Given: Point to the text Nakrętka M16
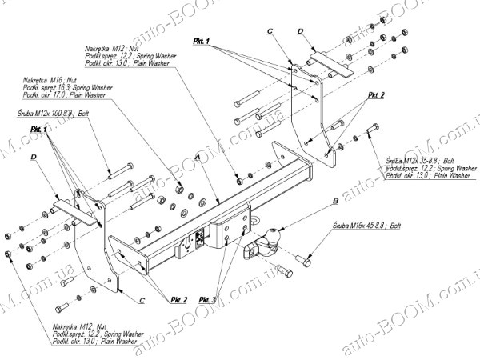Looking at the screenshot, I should [44, 80].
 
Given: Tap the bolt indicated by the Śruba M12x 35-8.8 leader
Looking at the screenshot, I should [370, 132].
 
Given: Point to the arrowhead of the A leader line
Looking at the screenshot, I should [220, 202].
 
